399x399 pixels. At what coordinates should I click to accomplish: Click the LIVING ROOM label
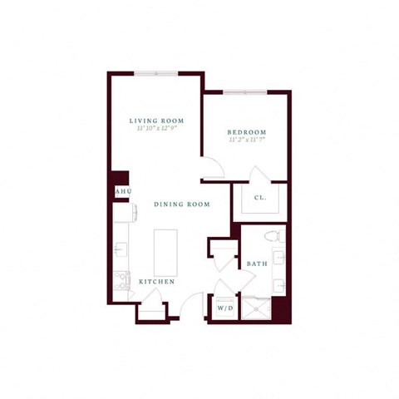156,121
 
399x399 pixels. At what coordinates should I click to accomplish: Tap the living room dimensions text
156,129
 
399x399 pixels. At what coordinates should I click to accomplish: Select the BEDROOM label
247,132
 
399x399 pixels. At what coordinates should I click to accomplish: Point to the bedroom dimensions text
247,140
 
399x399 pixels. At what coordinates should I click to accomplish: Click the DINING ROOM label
181,204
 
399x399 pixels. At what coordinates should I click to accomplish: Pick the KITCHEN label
156,283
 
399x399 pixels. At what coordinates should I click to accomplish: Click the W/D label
225,308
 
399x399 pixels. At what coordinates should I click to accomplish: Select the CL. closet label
259,198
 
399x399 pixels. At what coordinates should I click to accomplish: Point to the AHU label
121,192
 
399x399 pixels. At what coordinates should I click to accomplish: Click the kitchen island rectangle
165,250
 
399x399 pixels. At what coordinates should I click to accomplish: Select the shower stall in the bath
256,308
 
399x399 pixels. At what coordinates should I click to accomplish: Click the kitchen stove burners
122,281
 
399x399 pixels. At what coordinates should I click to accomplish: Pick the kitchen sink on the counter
121,249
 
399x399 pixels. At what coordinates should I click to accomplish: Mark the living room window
156,73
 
